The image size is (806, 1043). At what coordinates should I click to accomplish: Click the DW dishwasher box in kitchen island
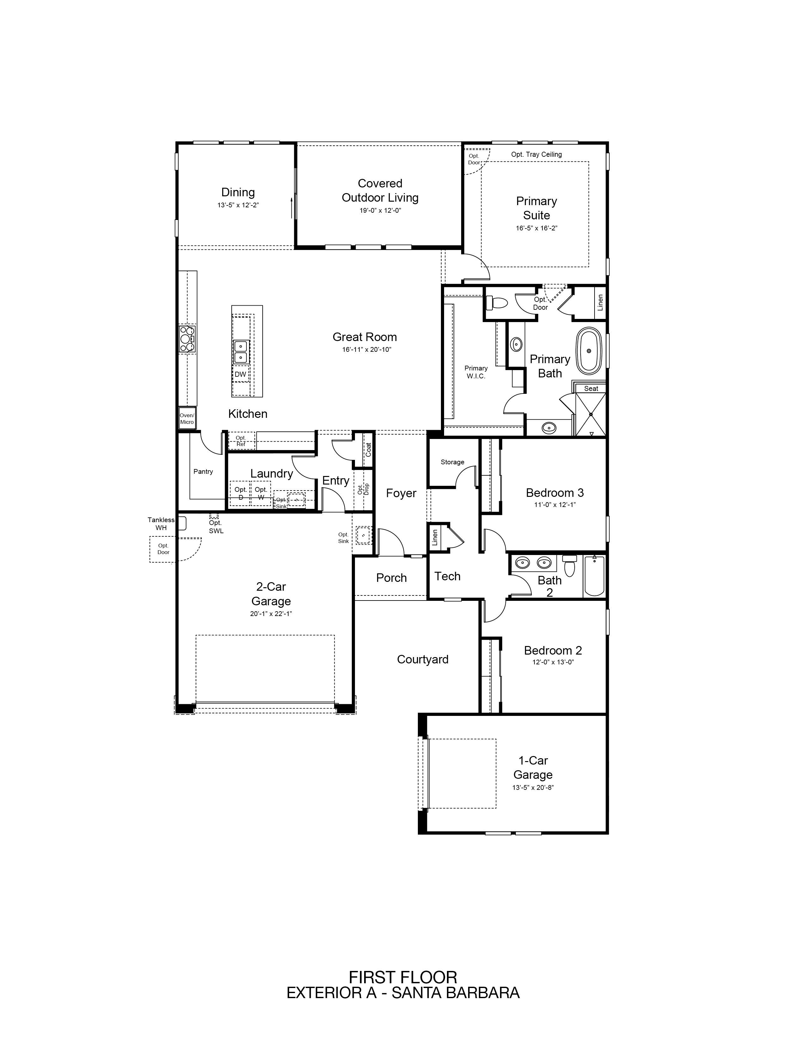pos(240,375)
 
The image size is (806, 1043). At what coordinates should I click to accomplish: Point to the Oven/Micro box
pos(187,418)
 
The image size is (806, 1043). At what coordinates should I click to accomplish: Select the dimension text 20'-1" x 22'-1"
pos(271,614)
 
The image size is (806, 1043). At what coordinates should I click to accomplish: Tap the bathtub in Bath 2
pos(595,576)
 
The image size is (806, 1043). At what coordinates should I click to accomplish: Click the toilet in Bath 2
pos(569,566)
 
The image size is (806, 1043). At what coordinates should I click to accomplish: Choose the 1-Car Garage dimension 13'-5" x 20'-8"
pos(533,788)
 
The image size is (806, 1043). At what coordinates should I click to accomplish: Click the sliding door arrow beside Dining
pos(291,207)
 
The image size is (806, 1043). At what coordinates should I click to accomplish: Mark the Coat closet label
pos(368,450)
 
